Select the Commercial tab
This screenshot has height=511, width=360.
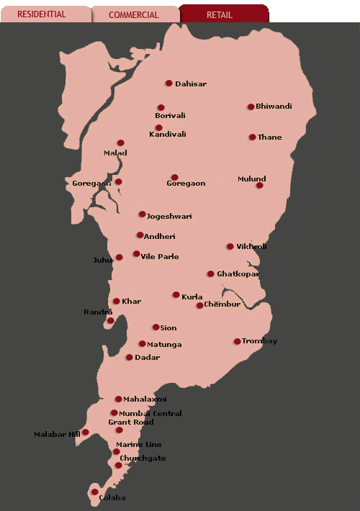[134, 14]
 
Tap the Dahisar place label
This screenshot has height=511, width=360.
[191, 84]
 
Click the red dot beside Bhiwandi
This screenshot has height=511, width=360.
[251, 107]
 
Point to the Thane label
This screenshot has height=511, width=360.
[270, 137]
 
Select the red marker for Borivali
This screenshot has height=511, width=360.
[161, 108]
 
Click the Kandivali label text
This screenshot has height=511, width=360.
[168, 135]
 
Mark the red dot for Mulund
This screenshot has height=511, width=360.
[259, 185]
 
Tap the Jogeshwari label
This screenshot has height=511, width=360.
[169, 217]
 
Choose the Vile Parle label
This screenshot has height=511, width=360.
[160, 257]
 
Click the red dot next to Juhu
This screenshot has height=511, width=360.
[119, 257]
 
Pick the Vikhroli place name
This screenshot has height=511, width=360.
[251, 247]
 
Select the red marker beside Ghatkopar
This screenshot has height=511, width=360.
[210, 273]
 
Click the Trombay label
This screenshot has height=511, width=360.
[259, 341]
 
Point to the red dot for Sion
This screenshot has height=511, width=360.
[156, 327]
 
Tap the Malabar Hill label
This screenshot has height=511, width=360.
[57, 435]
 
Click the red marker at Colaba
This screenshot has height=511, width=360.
[94, 492]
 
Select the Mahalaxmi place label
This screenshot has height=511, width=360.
[145, 399]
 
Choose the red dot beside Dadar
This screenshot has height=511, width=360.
[129, 357]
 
